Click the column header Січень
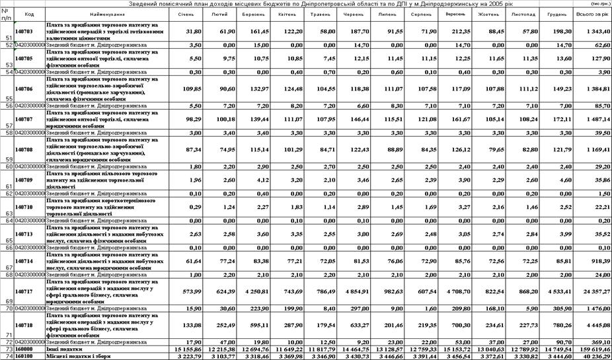pos(186,13)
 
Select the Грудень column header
pos(555,13)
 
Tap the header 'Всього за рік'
pos(592,13)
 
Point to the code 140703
pos(24,30)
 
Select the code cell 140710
pos(24,207)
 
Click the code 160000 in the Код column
pos(24,348)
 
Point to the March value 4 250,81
pos(254,291)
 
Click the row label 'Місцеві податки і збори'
pos(71,355)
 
